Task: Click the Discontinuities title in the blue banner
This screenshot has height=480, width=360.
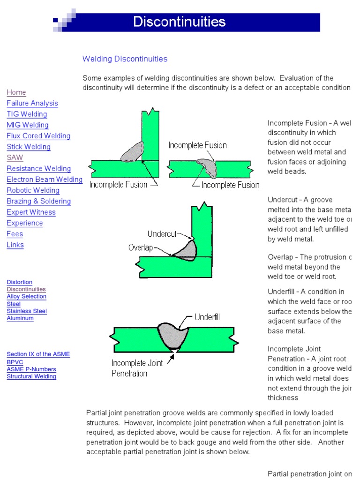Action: [x=180, y=22]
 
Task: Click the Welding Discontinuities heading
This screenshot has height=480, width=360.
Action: [x=125, y=59]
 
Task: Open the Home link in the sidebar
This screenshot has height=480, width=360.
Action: [x=16, y=92]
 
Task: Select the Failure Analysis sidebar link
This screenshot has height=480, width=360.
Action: [x=32, y=103]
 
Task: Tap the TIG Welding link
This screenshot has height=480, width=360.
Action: [x=27, y=114]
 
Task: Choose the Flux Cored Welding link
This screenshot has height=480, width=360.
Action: [x=38, y=136]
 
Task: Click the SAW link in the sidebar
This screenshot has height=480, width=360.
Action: [x=15, y=157]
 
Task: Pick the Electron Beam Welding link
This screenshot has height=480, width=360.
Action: [x=45, y=180]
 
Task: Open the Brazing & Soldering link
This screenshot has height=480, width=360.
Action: [x=39, y=201]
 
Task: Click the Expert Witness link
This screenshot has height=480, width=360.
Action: [x=31, y=212]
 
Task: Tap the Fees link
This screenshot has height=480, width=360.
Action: [x=15, y=234]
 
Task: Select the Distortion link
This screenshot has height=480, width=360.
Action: [x=20, y=282]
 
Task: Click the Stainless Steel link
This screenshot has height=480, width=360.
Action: [x=27, y=311]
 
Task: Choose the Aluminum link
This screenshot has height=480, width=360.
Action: [x=20, y=318]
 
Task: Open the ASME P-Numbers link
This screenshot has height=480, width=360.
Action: [x=31, y=369]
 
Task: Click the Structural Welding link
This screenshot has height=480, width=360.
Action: [x=31, y=376]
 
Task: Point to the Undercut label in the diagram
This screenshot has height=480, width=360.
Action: [x=162, y=233]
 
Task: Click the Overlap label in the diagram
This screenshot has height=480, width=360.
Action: [x=141, y=247]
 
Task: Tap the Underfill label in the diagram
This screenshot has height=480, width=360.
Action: [x=207, y=317]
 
